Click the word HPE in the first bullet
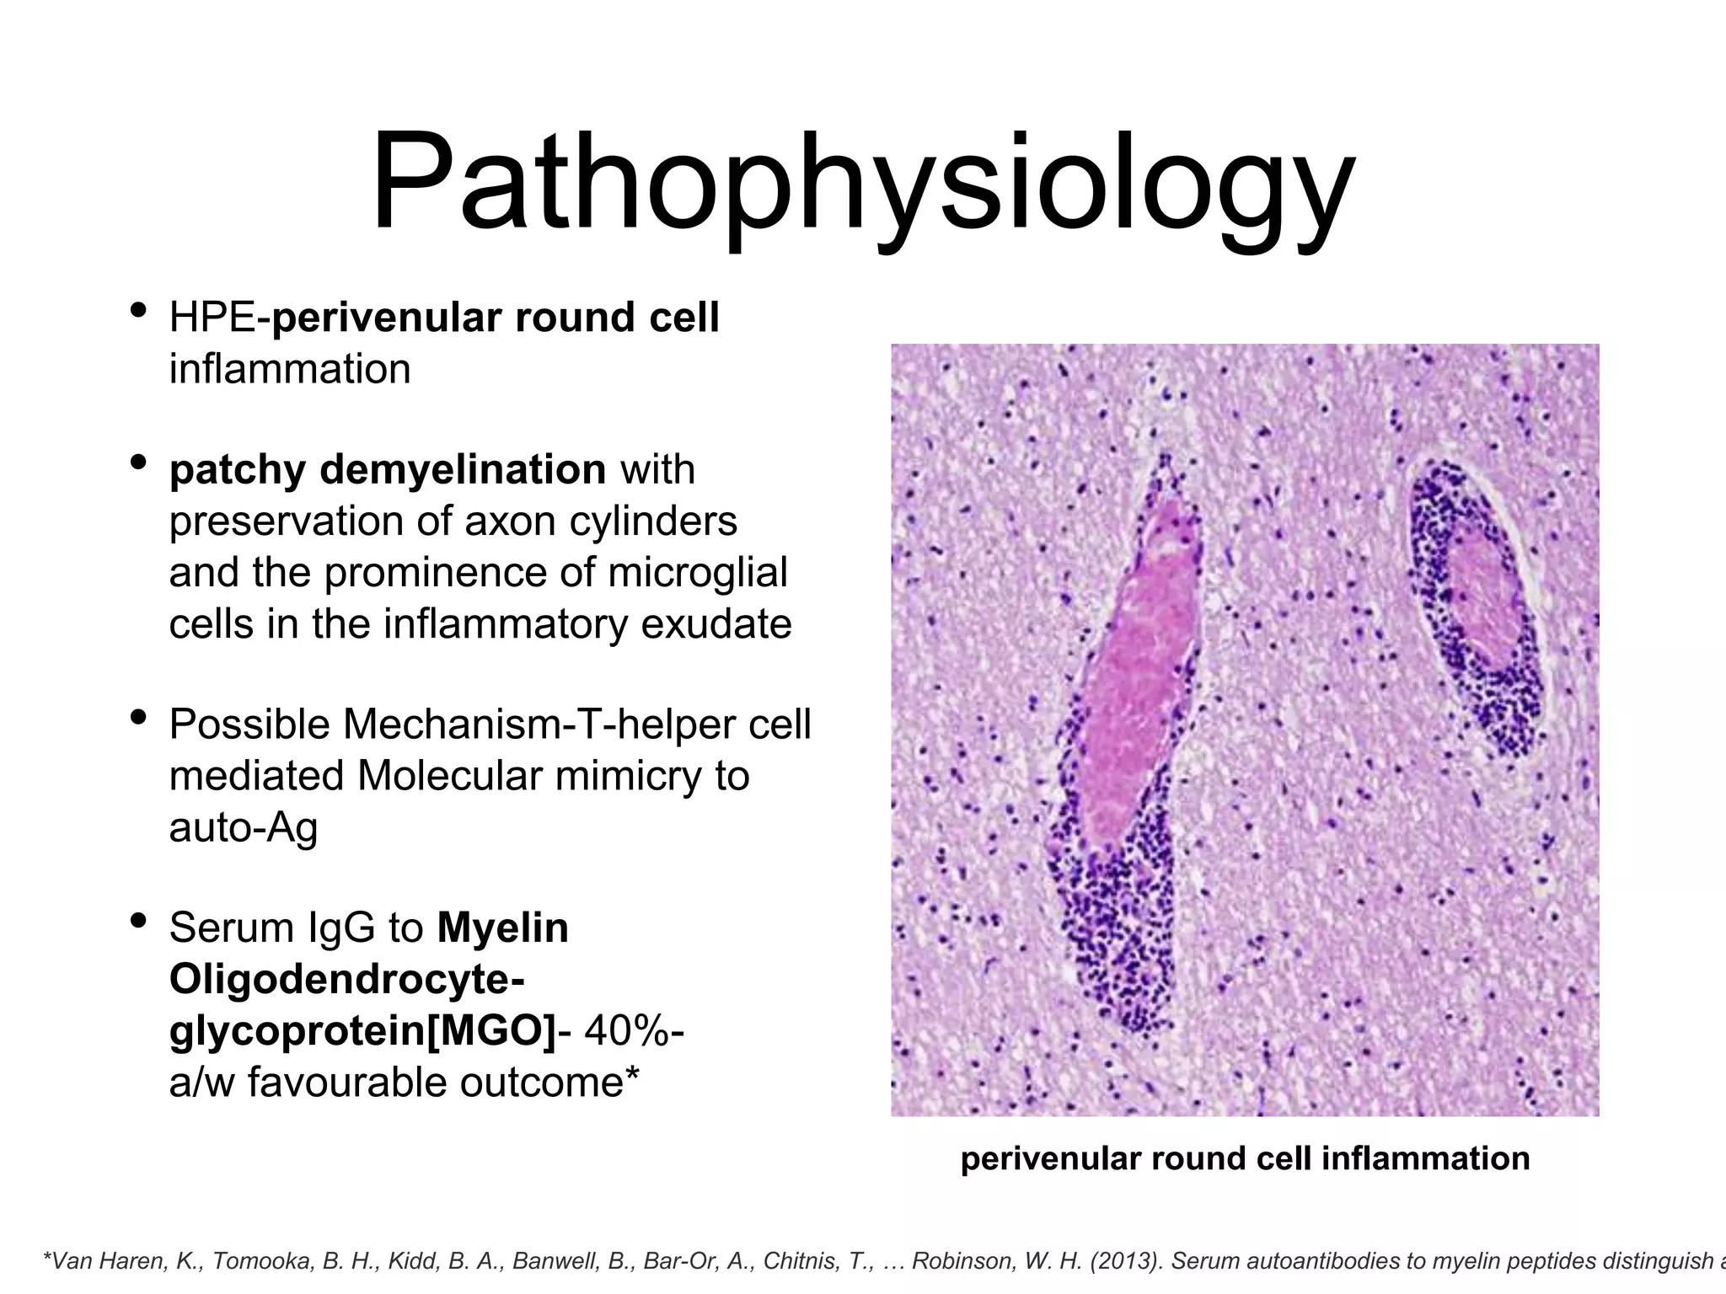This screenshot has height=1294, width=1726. tap(212, 318)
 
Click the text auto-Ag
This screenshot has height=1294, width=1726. tap(243, 827)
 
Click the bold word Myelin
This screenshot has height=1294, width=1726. tap(503, 929)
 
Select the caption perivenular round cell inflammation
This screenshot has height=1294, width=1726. tap(1245, 1159)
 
